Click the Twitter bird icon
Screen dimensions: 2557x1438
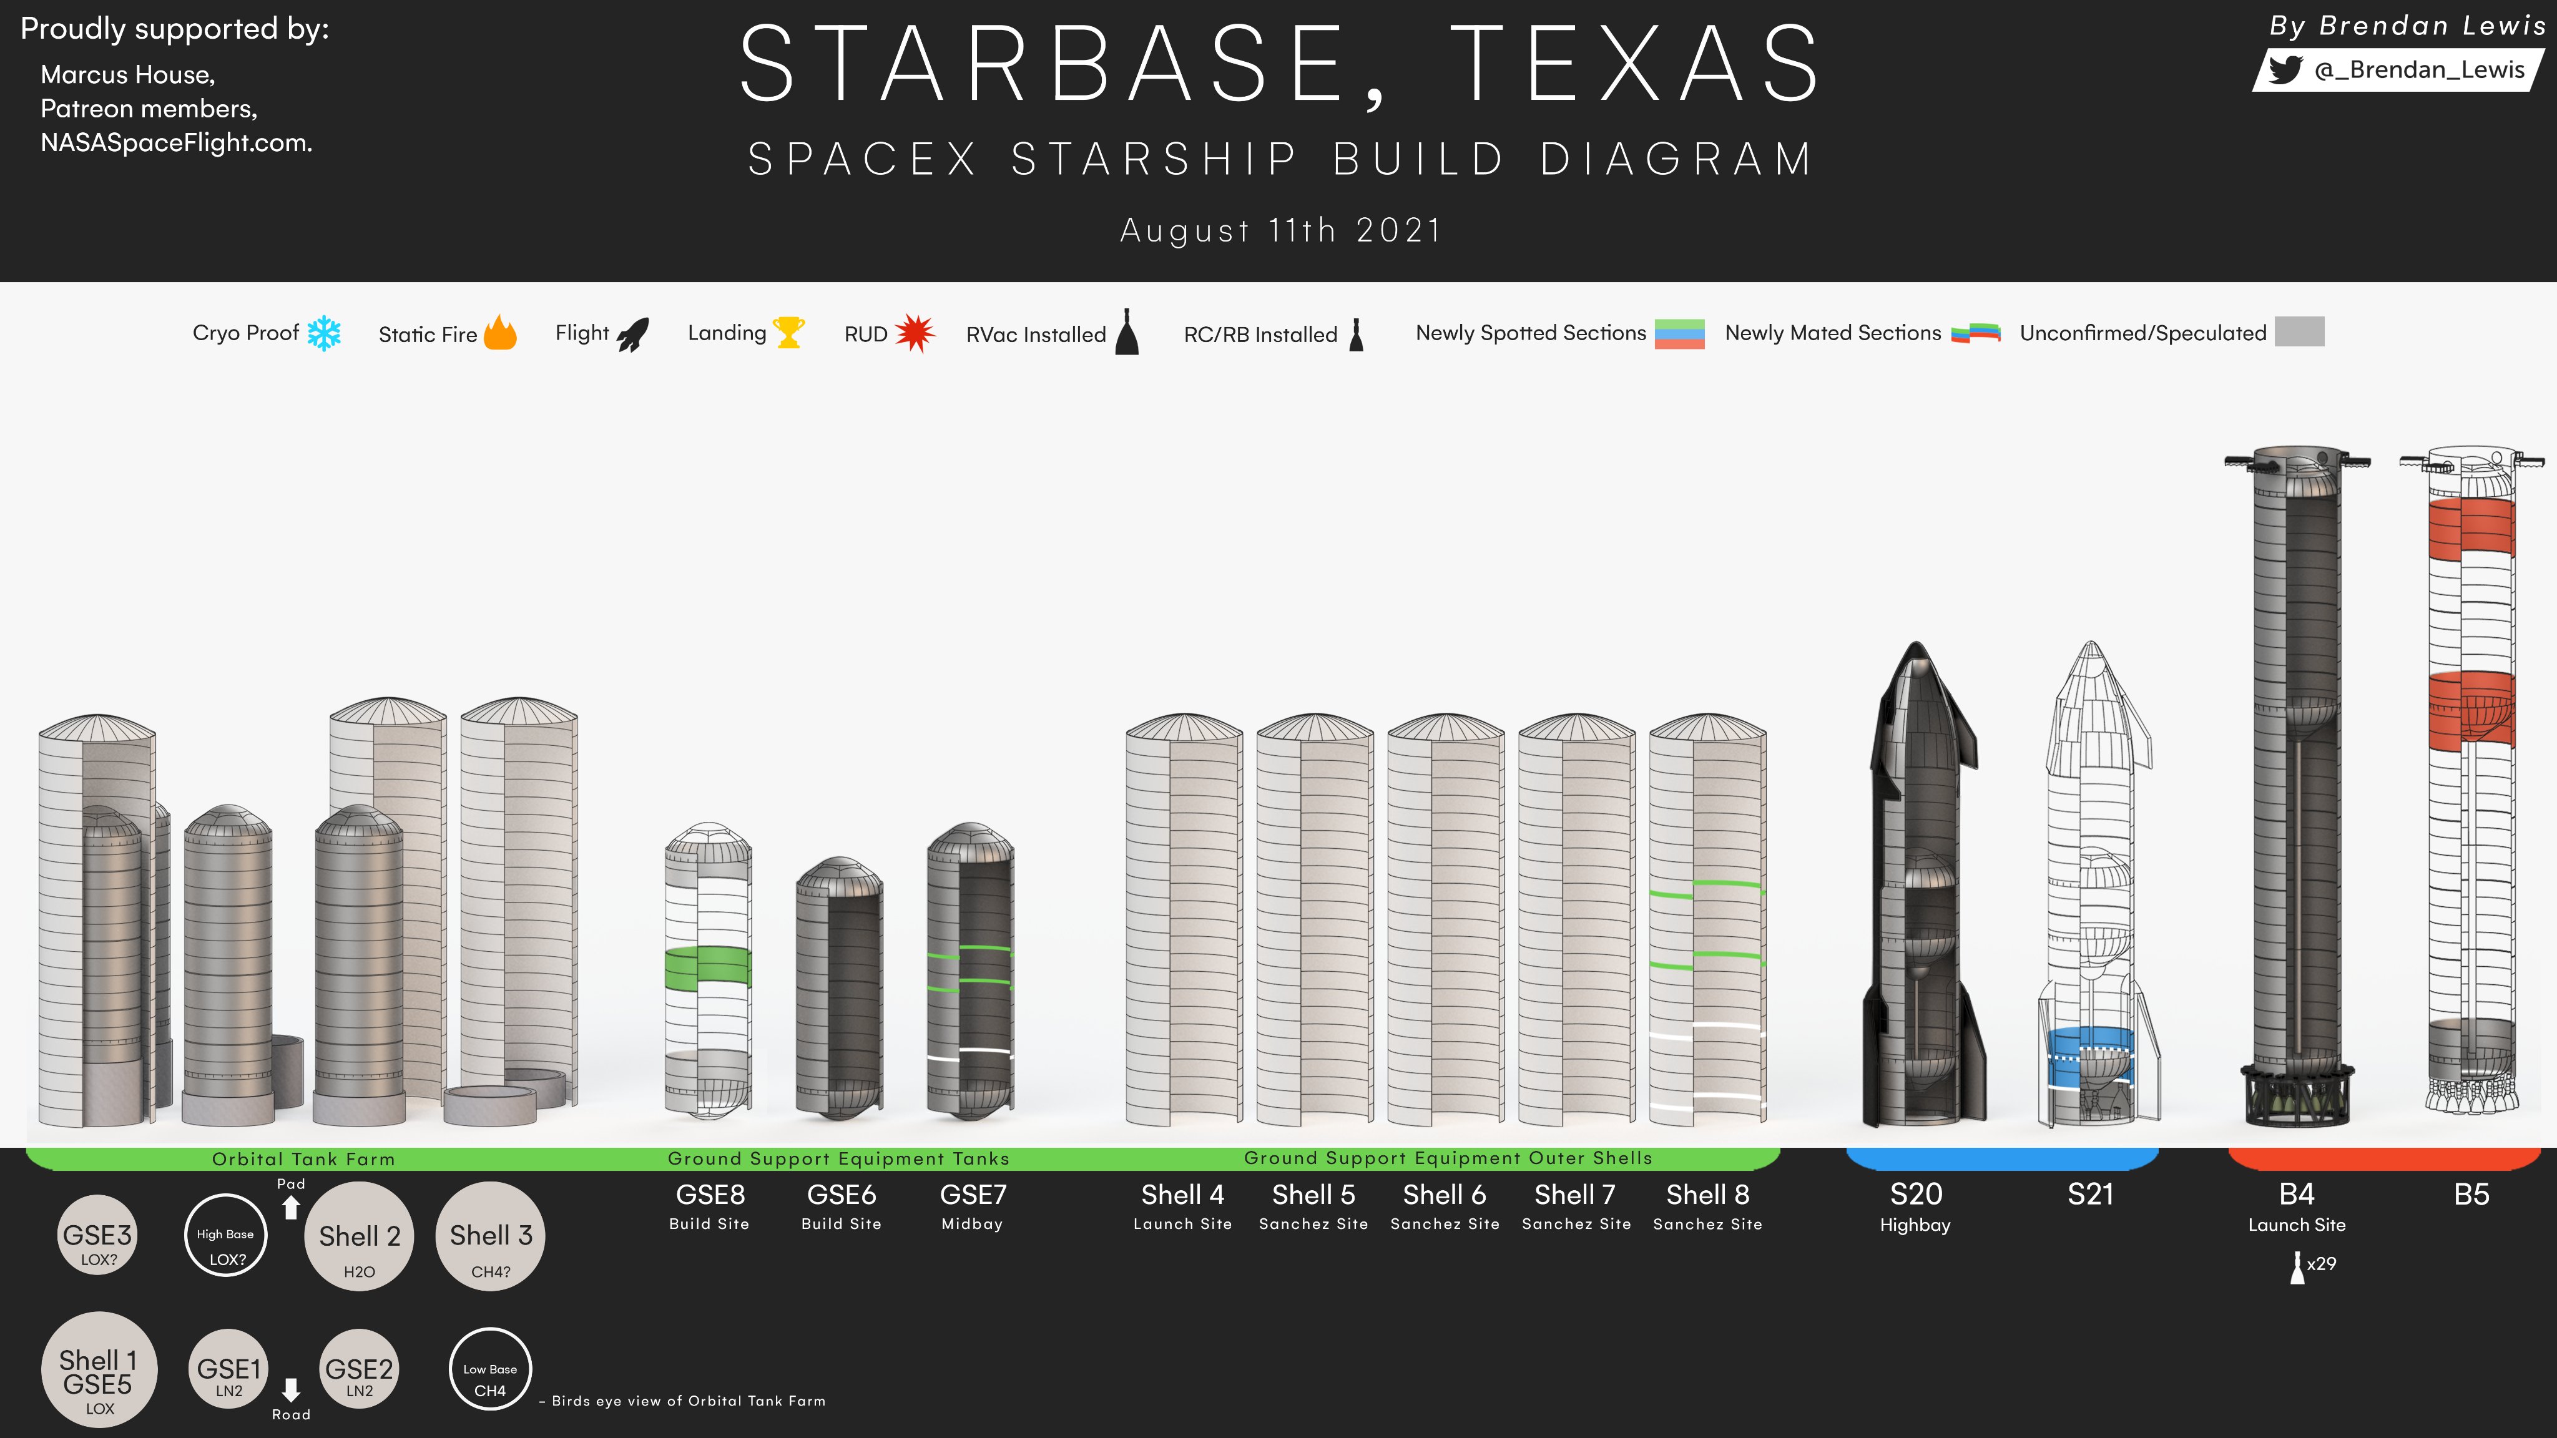(2285, 69)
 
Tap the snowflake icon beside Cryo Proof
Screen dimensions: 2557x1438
(323, 333)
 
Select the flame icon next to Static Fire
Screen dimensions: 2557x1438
(500, 333)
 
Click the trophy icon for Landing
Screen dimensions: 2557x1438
(789, 331)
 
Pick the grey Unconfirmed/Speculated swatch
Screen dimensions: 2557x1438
(2299, 331)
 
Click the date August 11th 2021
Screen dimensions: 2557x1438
(1280, 230)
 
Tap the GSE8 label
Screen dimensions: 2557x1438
(710, 1194)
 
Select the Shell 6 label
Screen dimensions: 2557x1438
(1445, 1194)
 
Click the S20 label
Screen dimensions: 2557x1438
(1916, 1194)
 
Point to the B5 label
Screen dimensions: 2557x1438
(2471, 1194)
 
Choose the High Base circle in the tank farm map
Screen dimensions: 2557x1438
(227, 1235)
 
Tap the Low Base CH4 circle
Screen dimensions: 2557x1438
(490, 1369)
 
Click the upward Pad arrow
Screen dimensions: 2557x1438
(291, 1207)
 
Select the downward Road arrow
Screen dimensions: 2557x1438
(291, 1389)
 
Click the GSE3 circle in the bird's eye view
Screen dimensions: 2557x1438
(97, 1235)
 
